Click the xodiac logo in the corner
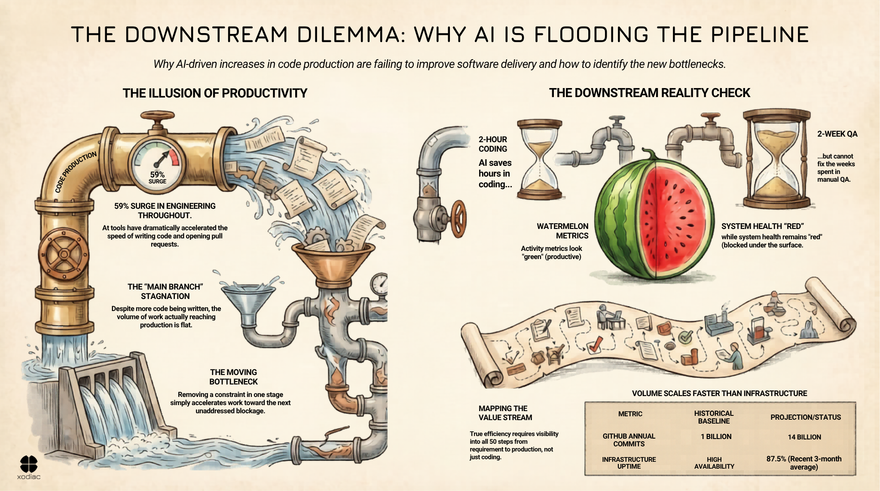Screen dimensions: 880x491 coord(29,467)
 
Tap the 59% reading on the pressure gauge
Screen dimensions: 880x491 coord(157,174)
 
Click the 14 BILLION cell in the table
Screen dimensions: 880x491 coord(804,437)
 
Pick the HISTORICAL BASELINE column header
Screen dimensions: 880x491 coord(714,417)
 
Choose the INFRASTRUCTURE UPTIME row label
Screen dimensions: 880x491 coord(629,463)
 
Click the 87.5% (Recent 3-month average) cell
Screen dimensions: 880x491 coord(804,463)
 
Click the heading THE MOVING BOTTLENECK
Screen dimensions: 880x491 coord(233,377)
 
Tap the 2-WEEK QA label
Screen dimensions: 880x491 coord(837,134)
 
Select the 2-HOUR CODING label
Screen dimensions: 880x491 coord(493,144)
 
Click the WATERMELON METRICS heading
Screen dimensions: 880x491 coord(562,231)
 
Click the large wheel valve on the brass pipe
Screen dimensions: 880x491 coord(64,254)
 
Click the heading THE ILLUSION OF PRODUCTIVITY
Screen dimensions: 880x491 coord(215,93)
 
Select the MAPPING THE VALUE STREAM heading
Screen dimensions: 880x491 coord(505,413)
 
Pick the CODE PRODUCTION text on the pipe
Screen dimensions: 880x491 coord(76,172)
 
